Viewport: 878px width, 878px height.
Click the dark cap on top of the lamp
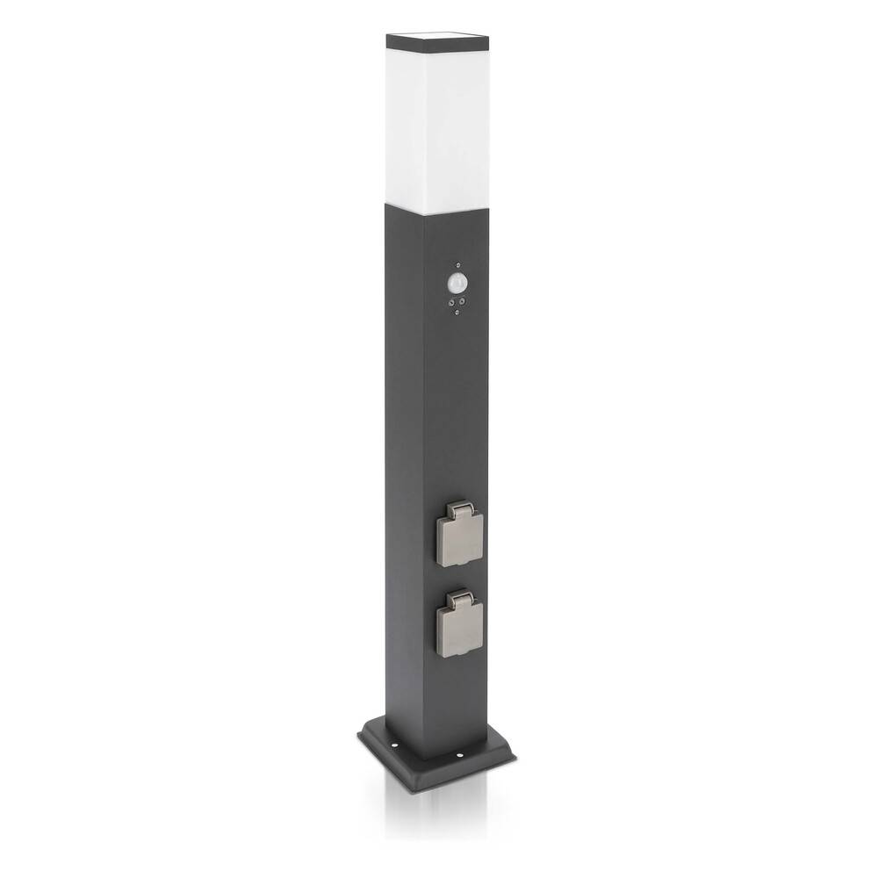click(x=437, y=40)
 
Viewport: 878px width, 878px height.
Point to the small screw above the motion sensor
click(x=458, y=264)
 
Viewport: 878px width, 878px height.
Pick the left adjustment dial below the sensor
click(x=452, y=304)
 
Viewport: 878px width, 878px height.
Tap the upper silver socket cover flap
click(x=460, y=538)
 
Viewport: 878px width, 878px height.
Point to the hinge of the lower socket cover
click(x=458, y=600)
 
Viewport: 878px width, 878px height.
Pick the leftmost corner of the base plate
click(x=359, y=733)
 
